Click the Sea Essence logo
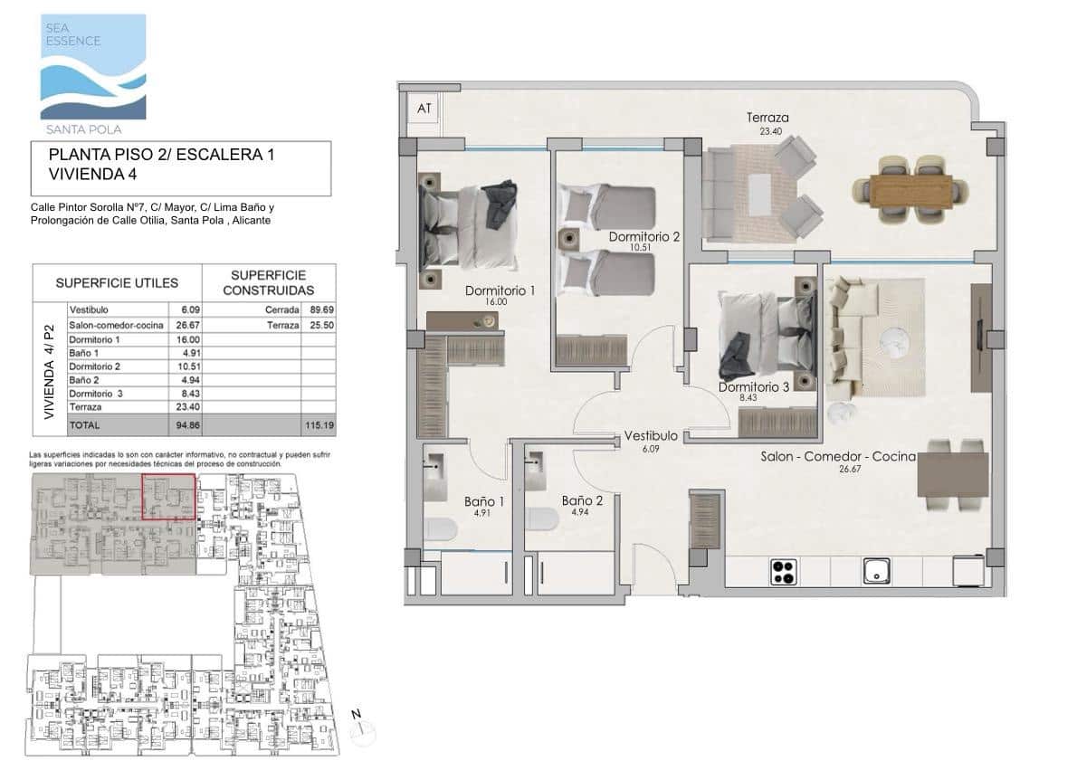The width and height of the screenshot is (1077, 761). point(92,68)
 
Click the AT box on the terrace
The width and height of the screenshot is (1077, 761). point(424,109)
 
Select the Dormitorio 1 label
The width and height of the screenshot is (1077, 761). point(500,291)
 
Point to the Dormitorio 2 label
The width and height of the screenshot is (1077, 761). point(643,237)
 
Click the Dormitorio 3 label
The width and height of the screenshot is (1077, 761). point(754,386)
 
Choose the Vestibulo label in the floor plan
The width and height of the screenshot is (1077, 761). point(652,436)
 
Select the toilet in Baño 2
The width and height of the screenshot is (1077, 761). point(543,519)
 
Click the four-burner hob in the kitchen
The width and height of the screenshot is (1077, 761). point(783,571)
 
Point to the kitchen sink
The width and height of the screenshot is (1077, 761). point(875,571)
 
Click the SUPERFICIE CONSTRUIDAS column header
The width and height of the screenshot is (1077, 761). point(268,282)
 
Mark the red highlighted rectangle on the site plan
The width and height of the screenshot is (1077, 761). point(169,497)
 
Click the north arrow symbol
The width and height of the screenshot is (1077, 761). point(359,725)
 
